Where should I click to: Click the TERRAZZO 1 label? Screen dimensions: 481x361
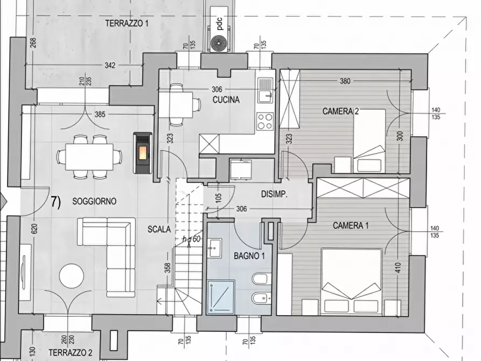pyautogui.click(x=127, y=23)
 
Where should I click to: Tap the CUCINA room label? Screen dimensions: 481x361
pyautogui.click(x=226, y=100)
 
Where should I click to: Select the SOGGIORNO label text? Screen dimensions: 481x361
pyautogui.click(x=94, y=202)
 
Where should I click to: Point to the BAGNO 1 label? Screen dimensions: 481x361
pyautogui.click(x=249, y=256)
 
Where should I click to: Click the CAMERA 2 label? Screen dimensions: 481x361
pyautogui.click(x=340, y=111)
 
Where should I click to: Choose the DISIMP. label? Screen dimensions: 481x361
pyautogui.click(x=274, y=194)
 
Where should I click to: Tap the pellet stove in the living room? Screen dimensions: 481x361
pyautogui.click(x=143, y=153)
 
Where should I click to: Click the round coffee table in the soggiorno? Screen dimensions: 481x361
pyautogui.click(x=72, y=276)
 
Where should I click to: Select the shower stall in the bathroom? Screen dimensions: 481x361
pyautogui.click(x=221, y=297)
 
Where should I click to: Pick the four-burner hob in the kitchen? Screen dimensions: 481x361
pyautogui.click(x=265, y=121)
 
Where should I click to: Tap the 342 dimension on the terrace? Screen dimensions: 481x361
pyautogui.click(x=110, y=65)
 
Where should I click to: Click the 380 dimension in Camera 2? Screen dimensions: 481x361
pyautogui.click(x=345, y=81)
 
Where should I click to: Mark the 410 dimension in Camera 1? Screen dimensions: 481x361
pyautogui.click(x=398, y=268)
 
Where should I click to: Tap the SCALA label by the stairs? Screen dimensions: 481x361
pyautogui.click(x=159, y=230)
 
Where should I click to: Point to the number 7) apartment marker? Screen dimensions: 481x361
pyautogui.click(x=56, y=202)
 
